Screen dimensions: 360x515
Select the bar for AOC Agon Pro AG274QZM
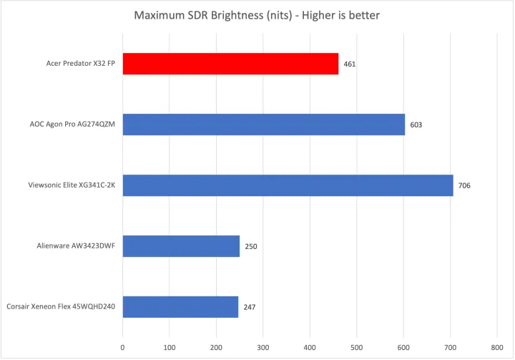coord(263,125)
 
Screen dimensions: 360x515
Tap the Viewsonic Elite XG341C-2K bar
coord(288,185)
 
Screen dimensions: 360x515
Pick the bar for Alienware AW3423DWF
coord(181,246)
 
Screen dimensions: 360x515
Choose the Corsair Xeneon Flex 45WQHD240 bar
coord(180,307)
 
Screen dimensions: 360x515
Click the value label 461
coord(349,64)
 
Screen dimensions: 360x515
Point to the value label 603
coord(416,125)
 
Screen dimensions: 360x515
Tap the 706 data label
coord(464,185)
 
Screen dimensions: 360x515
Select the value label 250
coord(250,246)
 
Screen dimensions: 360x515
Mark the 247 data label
coord(249,307)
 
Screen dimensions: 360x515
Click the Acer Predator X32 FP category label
coord(75,64)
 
